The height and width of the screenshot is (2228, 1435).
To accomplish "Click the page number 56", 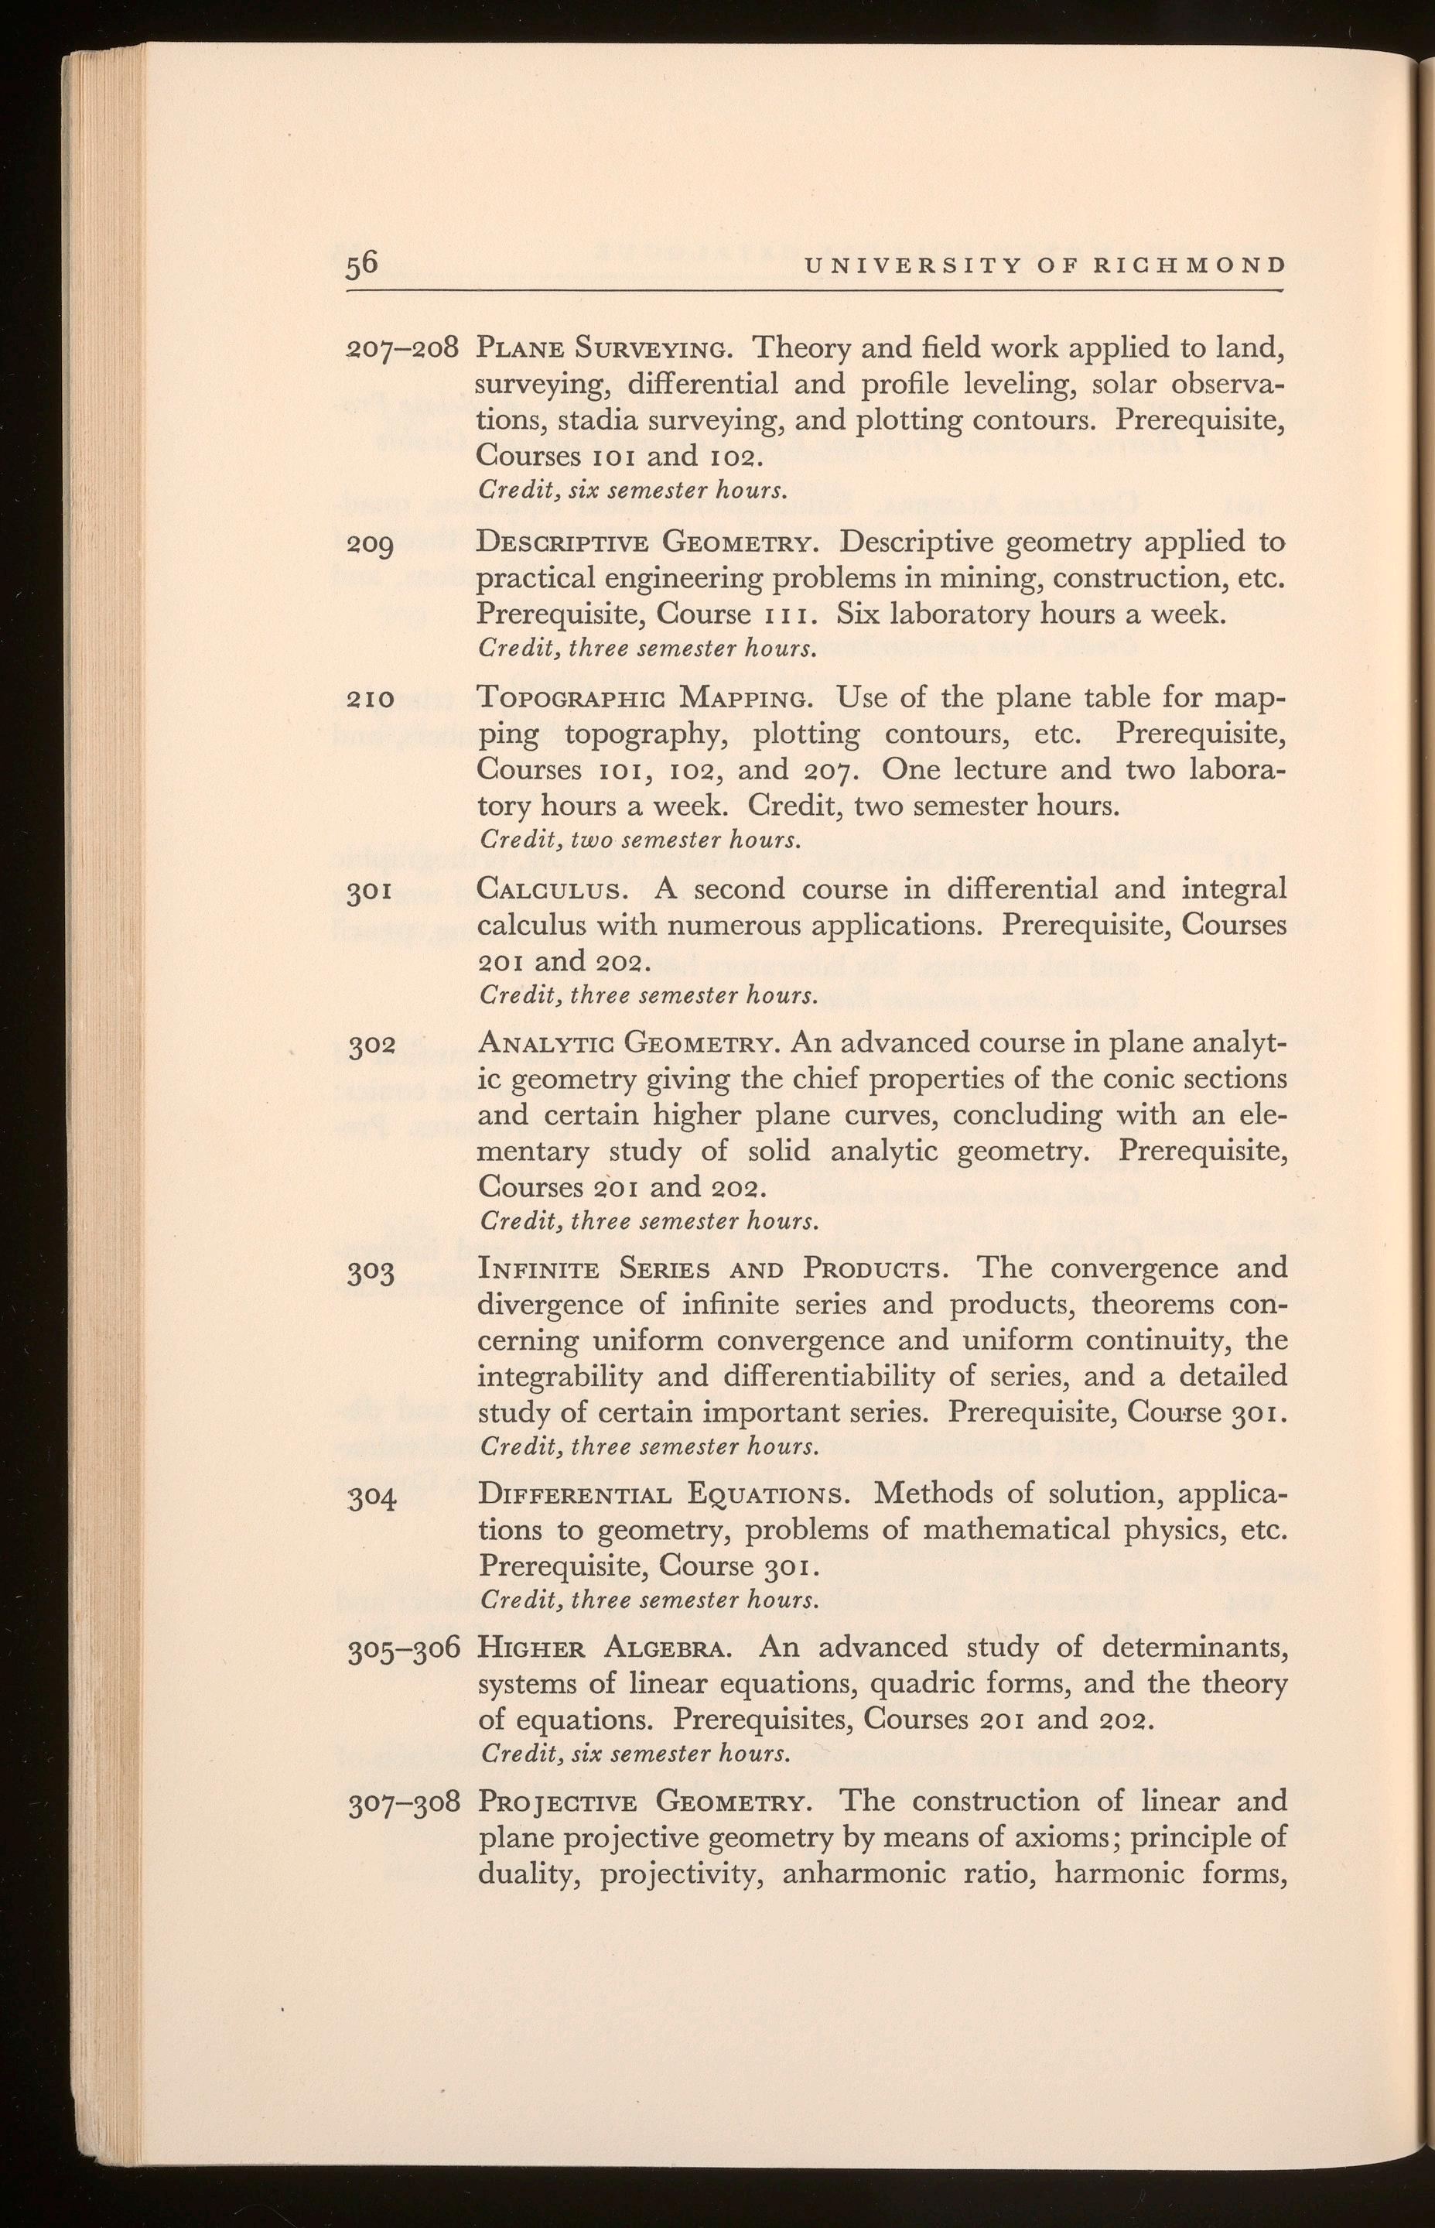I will pos(361,264).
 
